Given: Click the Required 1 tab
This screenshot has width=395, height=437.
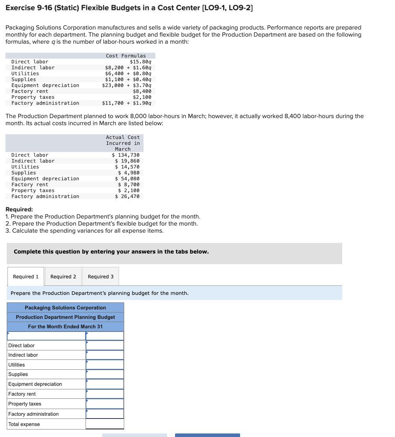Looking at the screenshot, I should coord(26,276).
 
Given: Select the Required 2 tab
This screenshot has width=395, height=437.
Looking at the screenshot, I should coord(63,276).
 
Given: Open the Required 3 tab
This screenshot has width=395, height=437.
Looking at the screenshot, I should coord(101,276).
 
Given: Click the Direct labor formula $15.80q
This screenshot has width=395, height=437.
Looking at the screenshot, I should coord(140,62).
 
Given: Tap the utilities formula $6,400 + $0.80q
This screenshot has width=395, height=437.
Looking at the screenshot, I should coord(128,74).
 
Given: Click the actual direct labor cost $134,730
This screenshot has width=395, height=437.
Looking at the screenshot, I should coord(126,155).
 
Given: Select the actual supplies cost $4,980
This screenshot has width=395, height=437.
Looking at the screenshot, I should coord(129,173).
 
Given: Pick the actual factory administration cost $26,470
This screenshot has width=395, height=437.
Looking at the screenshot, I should coord(127,196).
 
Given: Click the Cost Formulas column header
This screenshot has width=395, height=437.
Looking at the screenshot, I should coord(126,56).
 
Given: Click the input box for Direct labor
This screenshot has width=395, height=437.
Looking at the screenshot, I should coord(105,345).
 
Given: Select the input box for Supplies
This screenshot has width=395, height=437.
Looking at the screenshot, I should coord(105,374).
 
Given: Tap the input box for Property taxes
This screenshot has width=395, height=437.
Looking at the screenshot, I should coord(105,404).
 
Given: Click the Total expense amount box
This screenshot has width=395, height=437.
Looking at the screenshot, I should coord(105,424).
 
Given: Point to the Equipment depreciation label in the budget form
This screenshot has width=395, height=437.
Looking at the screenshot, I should coord(35,384).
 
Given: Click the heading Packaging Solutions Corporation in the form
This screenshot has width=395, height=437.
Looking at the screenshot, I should coord(65,307).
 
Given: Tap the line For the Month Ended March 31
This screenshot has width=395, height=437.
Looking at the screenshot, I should coord(65,327).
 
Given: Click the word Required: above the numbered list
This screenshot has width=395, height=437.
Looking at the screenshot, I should coord(19,209).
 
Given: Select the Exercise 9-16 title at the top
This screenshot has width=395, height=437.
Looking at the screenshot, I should coord(129,7).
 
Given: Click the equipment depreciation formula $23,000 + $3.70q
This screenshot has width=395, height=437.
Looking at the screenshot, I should coord(127,85).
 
